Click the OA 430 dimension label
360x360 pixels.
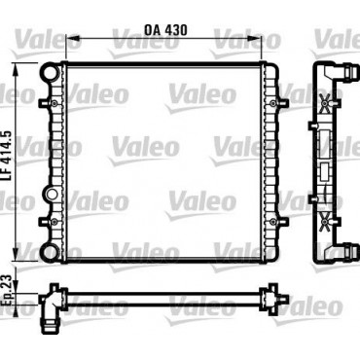[165, 30]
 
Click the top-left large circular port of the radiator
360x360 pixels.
[51, 72]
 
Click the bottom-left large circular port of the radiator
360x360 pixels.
[51, 251]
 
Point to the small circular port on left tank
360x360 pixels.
[52, 195]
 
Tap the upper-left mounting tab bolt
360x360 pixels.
[54, 103]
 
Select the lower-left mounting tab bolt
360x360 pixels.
[54, 222]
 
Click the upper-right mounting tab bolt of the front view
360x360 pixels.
[273, 103]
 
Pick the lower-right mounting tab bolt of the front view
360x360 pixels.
[273, 222]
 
